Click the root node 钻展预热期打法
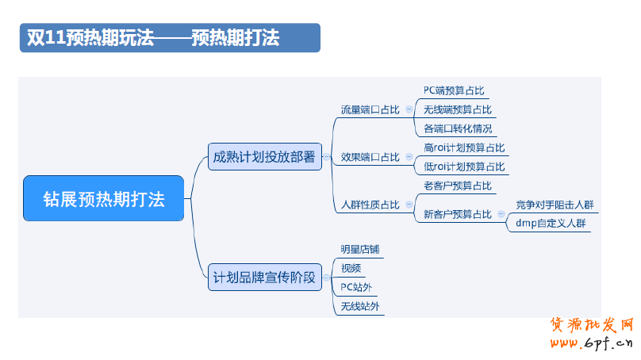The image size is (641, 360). pyautogui.click(x=103, y=198)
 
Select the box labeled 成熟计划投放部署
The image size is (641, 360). pyautogui.click(x=264, y=156)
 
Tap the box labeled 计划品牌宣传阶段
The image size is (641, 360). pyautogui.click(x=264, y=277)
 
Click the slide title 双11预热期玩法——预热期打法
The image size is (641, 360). pyautogui.click(x=153, y=38)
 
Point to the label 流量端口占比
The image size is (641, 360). pyautogui.click(x=370, y=109)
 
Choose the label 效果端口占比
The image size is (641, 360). pyautogui.click(x=370, y=157)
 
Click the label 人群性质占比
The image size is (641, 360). pyautogui.click(x=370, y=205)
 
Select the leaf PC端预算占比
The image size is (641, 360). pyautogui.click(x=454, y=90)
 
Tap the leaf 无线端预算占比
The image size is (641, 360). pyautogui.click(x=458, y=109)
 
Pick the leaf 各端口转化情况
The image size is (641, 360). pyautogui.click(x=458, y=128)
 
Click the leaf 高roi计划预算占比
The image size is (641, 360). pyautogui.click(x=464, y=147)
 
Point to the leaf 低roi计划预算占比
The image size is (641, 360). pyautogui.click(x=464, y=167)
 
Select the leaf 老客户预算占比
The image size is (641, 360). pyautogui.click(x=458, y=186)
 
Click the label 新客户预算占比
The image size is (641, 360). pyautogui.click(x=458, y=215)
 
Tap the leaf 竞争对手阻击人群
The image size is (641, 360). pyautogui.click(x=555, y=205)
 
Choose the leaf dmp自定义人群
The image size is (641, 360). pyautogui.click(x=551, y=223)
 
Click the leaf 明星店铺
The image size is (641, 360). pyautogui.click(x=360, y=249)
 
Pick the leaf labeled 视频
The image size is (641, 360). pyautogui.click(x=351, y=268)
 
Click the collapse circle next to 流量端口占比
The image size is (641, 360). pyautogui.click(x=409, y=109)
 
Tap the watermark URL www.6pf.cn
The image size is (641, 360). pyautogui.click(x=592, y=343)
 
